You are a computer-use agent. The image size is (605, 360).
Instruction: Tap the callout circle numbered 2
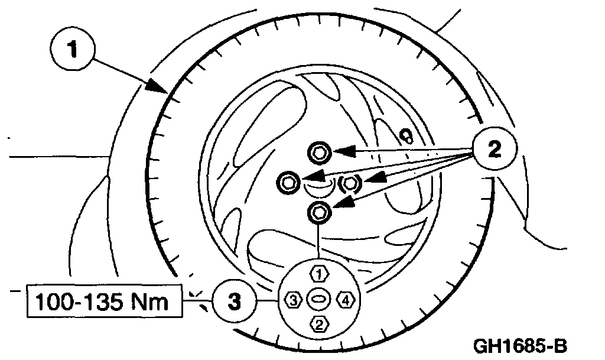pos(494,148)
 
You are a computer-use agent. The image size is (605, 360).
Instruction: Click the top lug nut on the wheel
pos(319,153)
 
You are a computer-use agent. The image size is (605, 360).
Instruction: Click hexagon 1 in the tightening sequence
pos(319,274)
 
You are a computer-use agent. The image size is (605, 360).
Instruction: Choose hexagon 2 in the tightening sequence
pos(319,324)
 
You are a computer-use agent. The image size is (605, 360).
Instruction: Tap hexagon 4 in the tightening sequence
pos(346,300)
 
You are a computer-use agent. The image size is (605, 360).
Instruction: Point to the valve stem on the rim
pos(406,136)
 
